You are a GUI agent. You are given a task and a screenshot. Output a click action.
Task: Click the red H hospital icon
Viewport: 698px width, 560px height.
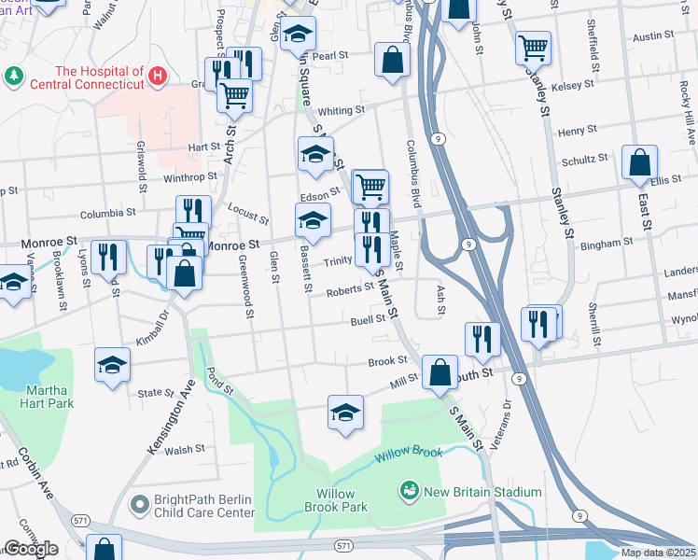point(159,73)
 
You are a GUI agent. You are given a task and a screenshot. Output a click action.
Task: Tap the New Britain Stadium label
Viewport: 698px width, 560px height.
point(481,492)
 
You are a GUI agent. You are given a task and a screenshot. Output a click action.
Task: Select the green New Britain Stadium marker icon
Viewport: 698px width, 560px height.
point(408,490)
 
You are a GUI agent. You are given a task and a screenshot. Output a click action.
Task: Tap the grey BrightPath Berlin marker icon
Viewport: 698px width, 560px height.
point(139,505)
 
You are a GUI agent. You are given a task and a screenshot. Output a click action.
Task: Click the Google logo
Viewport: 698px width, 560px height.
point(31,549)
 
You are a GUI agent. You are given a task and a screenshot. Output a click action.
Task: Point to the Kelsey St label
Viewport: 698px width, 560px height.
point(573,85)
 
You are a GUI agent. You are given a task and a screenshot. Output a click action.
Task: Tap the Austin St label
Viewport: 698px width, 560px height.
point(653,35)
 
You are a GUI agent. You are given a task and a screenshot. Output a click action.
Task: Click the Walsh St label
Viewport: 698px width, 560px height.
point(185,449)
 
